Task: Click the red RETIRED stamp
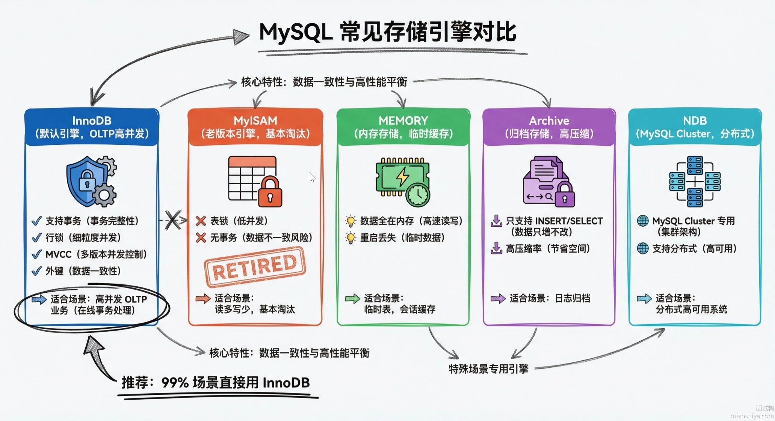click(x=255, y=267)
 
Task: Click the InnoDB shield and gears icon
click(x=91, y=181)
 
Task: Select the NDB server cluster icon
click(x=695, y=182)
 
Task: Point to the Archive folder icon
click(x=548, y=182)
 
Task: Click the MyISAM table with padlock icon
click(x=255, y=181)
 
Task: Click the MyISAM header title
click(x=255, y=120)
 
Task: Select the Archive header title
click(x=549, y=120)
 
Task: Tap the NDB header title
click(x=695, y=120)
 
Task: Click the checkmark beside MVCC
click(x=36, y=254)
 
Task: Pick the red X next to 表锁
click(x=201, y=221)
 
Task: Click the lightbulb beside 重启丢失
click(x=350, y=238)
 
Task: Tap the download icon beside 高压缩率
click(x=496, y=248)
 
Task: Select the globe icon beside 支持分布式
click(x=643, y=248)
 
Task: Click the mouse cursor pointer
click(x=311, y=177)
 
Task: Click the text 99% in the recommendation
click(x=175, y=383)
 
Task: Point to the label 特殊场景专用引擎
click(x=488, y=369)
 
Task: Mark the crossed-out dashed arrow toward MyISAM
click(x=173, y=220)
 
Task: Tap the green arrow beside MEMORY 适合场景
click(x=352, y=299)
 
